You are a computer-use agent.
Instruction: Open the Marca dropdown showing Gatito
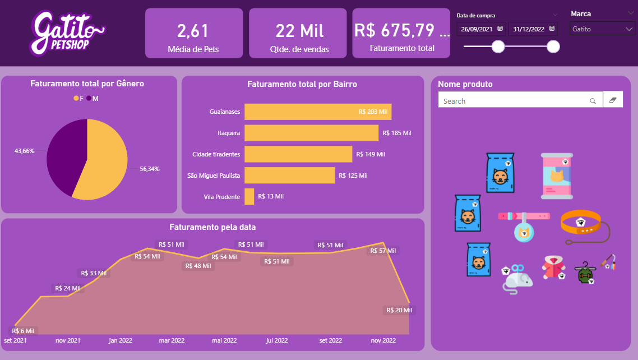(603, 29)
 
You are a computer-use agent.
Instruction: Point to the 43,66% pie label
(24, 151)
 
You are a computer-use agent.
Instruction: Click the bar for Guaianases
(318, 112)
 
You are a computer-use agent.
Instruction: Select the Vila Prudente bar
(249, 196)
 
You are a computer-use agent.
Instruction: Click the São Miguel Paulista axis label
(214, 176)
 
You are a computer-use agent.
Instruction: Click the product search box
(513, 101)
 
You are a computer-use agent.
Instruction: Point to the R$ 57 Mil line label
(383, 251)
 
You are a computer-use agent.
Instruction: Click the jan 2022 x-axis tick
(121, 340)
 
